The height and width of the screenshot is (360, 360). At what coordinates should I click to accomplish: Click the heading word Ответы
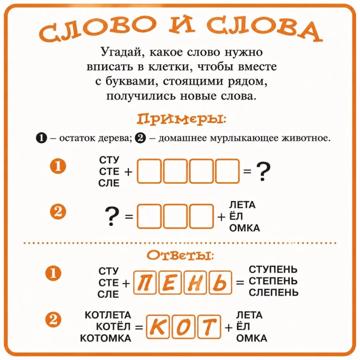tap(180, 255)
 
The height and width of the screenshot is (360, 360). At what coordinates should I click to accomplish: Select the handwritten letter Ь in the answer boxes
tap(220, 283)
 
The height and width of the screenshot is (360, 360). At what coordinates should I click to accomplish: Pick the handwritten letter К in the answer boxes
tap(157, 327)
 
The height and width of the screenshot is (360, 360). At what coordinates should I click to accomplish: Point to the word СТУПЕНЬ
tap(273, 270)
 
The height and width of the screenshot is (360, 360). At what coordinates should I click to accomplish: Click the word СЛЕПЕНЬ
tap(273, 292)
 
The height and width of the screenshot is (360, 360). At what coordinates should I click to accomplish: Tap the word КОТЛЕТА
tap(108, 315)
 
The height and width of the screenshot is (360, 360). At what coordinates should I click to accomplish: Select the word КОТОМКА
tap(105, 338)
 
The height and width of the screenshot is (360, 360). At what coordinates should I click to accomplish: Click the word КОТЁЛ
tap(113, 326)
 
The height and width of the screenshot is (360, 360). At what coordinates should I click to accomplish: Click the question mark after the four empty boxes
tap(263, 172)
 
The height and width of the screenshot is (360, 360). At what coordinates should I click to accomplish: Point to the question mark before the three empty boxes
tap(112, 216)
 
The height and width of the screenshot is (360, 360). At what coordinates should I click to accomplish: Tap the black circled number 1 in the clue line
tap(41, 138)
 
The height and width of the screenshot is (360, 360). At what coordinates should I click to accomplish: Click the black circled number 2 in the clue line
tap(141, 138)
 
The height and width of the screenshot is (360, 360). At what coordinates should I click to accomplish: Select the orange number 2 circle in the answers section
tap(53, 320)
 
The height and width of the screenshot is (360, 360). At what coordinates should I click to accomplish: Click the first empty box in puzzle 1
tap(149, 171)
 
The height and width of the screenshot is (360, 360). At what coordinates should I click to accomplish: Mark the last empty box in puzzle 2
tap(202, 216)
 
